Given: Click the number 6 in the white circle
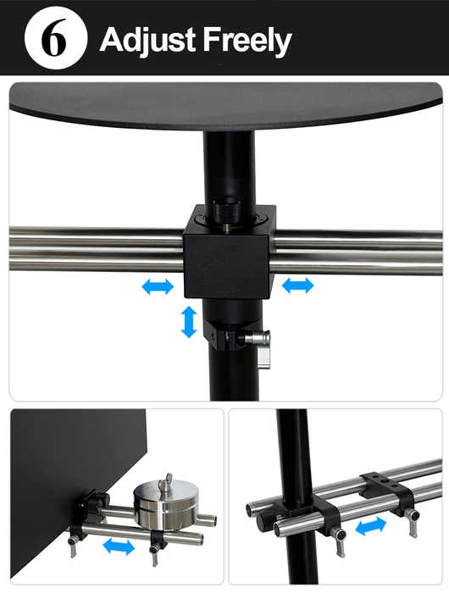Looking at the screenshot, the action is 54,38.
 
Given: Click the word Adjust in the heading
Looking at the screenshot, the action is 148,41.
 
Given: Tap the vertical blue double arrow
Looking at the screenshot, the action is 189,321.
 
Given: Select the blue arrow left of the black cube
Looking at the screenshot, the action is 158,286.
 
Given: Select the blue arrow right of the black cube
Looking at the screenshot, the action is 297,286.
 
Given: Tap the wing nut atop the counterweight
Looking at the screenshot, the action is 167,481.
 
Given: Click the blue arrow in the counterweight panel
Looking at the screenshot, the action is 119,546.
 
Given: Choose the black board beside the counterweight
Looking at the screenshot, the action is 74,486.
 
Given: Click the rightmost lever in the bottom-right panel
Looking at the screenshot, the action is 413,521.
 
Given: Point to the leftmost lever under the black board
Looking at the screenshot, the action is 72,547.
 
